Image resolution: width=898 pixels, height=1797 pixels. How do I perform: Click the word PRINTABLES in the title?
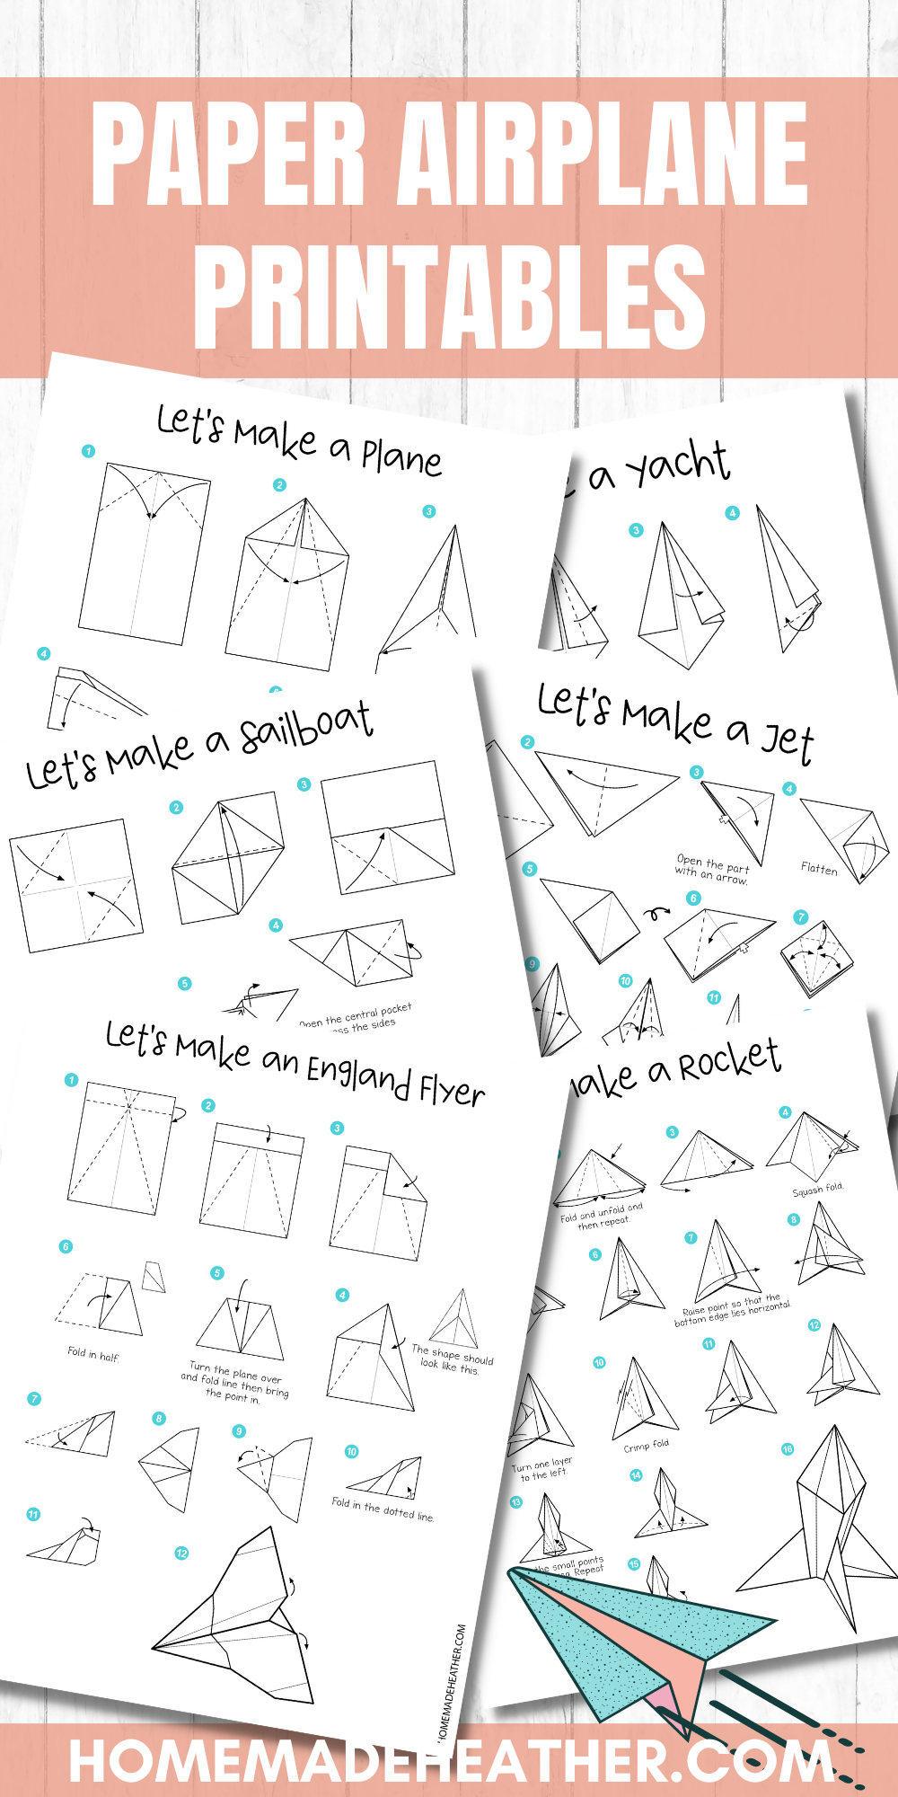[x=449, y=297]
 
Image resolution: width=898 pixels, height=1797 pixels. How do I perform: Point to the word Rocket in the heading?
[x=728, y=1060]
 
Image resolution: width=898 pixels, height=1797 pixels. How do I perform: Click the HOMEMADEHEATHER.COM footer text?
[x=449, y=1762]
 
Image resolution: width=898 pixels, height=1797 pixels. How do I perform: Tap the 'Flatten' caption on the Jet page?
[x=819, y=869]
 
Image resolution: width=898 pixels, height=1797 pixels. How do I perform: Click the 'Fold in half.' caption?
[x=93, y=1353]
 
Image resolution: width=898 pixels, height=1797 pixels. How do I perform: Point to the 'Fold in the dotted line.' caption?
[x=383, y=1509]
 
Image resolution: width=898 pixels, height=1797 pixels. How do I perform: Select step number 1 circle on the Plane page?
[x=88, y=451]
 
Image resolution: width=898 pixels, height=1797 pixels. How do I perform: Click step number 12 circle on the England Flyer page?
[x=181, y=1554]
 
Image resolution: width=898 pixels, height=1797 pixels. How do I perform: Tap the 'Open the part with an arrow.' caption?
[x=712, y=869]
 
